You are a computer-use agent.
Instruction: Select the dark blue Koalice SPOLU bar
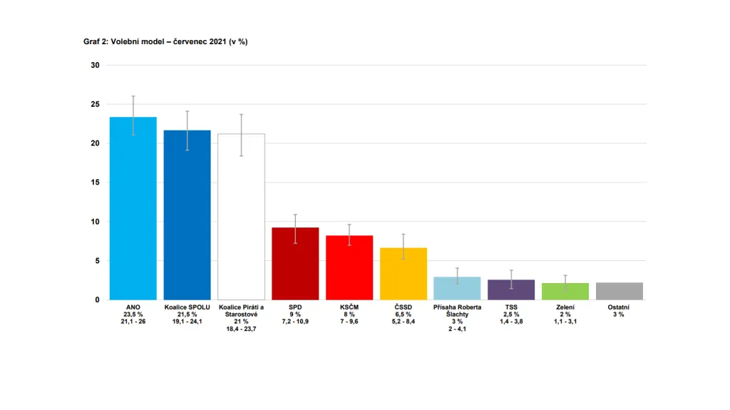pos(187,215)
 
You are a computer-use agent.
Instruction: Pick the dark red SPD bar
pos(295,264)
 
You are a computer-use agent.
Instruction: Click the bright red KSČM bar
pos(349,267)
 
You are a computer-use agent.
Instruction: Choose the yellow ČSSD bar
pos(403,274)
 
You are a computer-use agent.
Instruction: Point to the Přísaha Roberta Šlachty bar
pos(458,288)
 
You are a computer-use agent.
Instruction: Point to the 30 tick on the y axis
pos(95,65)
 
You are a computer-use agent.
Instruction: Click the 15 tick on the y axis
pos(95,183)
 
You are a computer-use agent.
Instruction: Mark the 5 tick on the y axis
pos(97,261)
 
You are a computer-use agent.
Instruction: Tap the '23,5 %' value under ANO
pos(133,314)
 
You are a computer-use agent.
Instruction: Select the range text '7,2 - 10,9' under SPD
pos(295,322)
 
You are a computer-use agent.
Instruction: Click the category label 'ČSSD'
pos(403,307)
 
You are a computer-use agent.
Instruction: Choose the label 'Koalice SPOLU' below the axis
pos(187,307)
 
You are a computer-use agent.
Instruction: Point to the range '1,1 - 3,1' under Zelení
pos(565,322)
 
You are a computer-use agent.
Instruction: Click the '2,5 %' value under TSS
pos(511,314)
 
